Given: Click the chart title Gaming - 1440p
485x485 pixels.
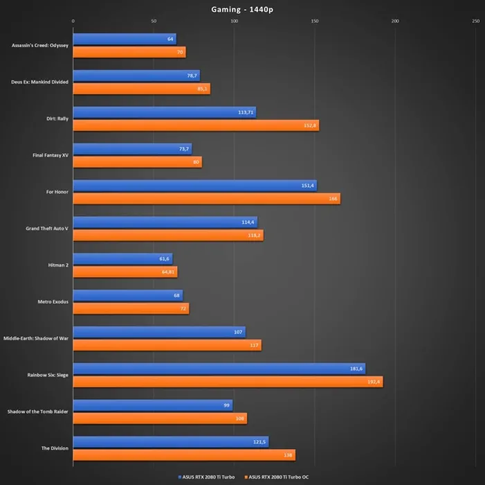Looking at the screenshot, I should pyautogui.click(x=242, y=9).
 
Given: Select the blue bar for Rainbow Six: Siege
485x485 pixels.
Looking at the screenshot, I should pyautogui.click(x=219, y=369).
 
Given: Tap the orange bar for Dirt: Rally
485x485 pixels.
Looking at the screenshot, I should pyautogui.click(x=196, y=125).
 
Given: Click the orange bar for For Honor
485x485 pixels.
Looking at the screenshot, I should pyautogui.click(x=206, y=199).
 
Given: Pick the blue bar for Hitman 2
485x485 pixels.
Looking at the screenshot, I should pyautogui.click(x=122, y=258).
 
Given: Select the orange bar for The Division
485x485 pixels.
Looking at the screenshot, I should pyautogui.click(x=184, y=455).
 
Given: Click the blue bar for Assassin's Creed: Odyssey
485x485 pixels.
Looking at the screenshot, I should pyautogui.click(x=125, y=39).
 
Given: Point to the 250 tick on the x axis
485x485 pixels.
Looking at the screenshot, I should pyautogui.click(x=475, y=21).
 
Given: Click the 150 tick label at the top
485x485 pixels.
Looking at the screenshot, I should pyautogui.click(x=315, y=21).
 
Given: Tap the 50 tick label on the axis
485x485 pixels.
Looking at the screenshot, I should pyautogui.click(x=154, y=21).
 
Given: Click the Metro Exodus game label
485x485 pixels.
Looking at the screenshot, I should pyautogui.click(x=51, y=301).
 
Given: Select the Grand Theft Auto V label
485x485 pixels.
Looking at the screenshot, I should pyautogui.click(x=47, y=228).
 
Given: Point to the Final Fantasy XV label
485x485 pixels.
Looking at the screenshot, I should pyautogui.click(x=51, y=155).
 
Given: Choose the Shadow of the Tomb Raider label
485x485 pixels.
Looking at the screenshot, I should pyautogui.click(x=37, y=411).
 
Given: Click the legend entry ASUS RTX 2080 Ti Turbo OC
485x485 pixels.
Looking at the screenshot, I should pyautogui.click(x=279, y=477).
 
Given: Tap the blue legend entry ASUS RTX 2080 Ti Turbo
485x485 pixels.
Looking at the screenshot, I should pyautogui.click(x=206, y=477).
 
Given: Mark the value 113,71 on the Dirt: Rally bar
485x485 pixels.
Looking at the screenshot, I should pyautogui.click(x=246, y=112).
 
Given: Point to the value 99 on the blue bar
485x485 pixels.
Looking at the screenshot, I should pyautogui.click(x=226, y=405).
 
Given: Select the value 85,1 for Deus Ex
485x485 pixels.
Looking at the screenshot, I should pyautogui.click(x=202, y=89).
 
